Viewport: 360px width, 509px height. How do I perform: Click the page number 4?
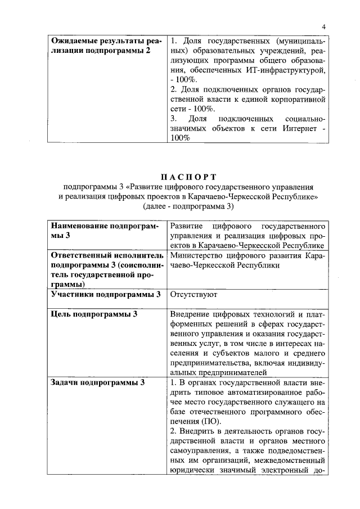(x=324, y=26)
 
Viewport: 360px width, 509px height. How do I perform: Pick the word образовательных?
(x=223, y=51)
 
